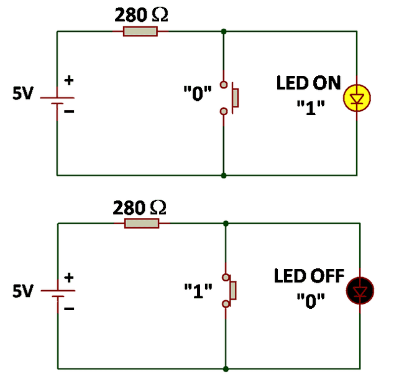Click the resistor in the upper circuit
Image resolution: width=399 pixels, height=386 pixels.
pyautogui.click(x=140, y=31)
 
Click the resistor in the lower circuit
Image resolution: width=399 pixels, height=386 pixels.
pyautogui.click(x=141, y=223)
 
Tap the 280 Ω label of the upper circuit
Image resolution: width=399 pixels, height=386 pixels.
pyautogui.click(x=141, y=15)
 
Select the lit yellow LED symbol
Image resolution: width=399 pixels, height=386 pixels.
pyautogui.click(x=356, y=98)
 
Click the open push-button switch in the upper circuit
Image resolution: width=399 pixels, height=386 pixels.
pyautogui.click(x=229, y=98)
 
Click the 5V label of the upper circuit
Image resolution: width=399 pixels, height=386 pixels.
pyautogui.click(x=24, y=93)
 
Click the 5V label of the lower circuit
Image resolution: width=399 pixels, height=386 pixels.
pyautogui.click(x=24, y=291)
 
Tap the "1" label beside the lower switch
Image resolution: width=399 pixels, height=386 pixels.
pyautogui.click(x=198, y=289)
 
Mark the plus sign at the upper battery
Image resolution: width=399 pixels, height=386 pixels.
pyautogui.click(x=69, y=80)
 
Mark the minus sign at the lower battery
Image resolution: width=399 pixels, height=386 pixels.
pyautogui.click(x=70, y=306)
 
